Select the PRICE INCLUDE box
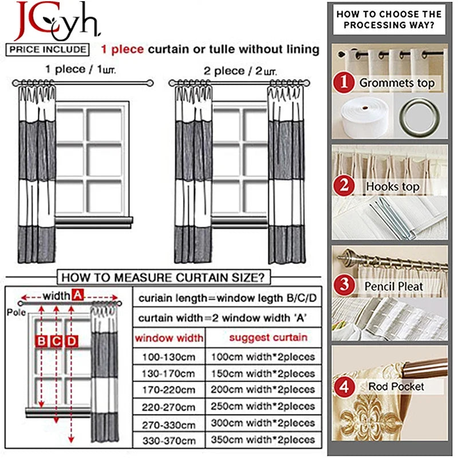pyautogui.click(x=49, y=49)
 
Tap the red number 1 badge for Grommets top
pyautogui.click(x=344, y=82)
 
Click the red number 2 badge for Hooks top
pyautogui.click(x=344, y=185)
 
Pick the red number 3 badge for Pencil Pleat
pyautogui.click(x=344, y=284)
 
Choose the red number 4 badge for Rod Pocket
pyautogui.click(x=344, y=386)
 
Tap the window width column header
pyautogui.click(x=169, y=338)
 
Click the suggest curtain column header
pyautogui.click(x=268, y=337)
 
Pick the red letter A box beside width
pyautogui.click(x=78, y=295)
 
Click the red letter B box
pyautogui.click(x=42, y=342)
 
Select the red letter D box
pyautogui.click(x=72, y=342)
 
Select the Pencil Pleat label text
pyautogui.click(x=394, y=286)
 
